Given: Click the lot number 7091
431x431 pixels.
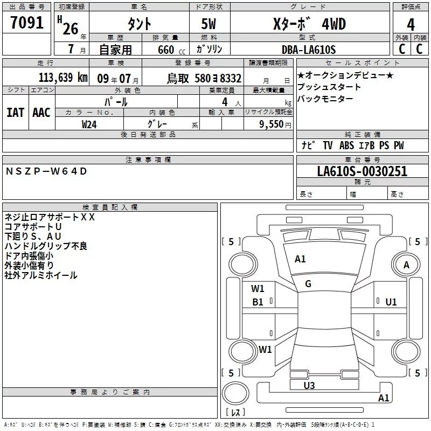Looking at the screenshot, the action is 27,24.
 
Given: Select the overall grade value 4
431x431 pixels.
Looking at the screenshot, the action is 411,25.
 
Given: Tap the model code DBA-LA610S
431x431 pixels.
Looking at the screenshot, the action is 308,50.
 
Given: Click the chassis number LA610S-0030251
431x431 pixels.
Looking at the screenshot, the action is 362,172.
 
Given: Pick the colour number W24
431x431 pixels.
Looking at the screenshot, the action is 89,124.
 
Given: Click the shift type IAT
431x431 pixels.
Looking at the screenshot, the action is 15,112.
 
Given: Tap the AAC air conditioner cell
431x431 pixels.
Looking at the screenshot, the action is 41,112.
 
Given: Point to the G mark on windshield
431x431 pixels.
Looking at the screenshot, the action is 308,284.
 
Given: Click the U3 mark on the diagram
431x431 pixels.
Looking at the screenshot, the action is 309,385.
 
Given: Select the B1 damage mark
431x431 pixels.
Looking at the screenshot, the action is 258,302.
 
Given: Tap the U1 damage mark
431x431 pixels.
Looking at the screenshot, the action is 391,302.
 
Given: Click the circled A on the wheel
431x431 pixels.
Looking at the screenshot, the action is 407,265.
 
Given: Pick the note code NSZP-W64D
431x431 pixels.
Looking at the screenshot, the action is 46,171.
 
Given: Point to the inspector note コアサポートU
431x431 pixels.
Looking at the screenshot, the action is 33,227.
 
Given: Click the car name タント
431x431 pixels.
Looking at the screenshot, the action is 139,25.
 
